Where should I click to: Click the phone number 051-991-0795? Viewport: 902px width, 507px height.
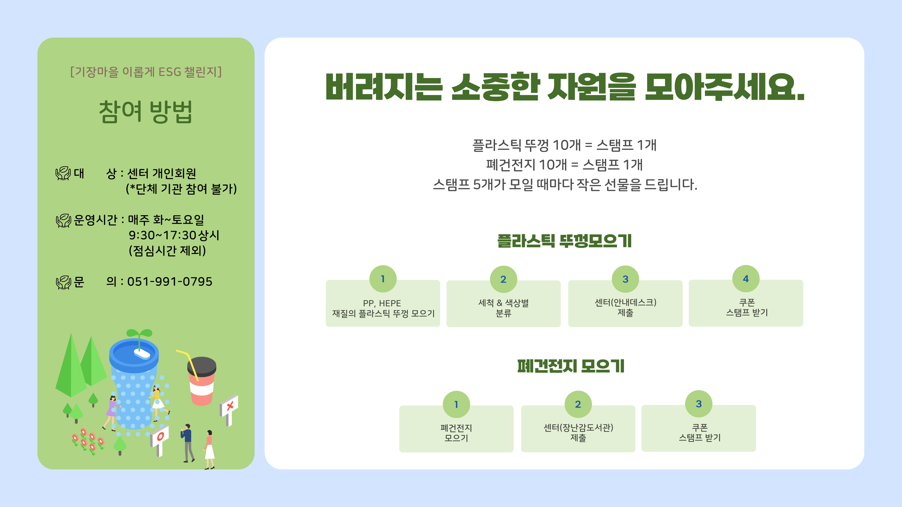170,282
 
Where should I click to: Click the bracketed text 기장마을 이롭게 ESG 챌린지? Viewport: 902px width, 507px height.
146,72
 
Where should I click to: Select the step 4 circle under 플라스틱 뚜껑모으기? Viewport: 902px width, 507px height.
746,279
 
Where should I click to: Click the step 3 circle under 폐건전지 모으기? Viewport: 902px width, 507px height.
699,404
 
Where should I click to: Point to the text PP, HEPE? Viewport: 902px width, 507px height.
382,303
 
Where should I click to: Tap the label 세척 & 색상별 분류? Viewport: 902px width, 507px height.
504,308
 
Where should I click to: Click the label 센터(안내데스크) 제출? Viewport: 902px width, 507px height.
625,307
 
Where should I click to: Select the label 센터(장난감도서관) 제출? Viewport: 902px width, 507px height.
578,432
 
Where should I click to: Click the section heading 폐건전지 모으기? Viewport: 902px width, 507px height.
571,366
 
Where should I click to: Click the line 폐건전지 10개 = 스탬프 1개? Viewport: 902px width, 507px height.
564,165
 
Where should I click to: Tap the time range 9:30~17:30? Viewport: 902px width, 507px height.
162,235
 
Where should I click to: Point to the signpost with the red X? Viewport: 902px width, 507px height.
229,409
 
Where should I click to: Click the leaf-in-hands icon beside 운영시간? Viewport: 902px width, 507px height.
63,220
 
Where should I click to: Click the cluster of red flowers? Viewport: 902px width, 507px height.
88,441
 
